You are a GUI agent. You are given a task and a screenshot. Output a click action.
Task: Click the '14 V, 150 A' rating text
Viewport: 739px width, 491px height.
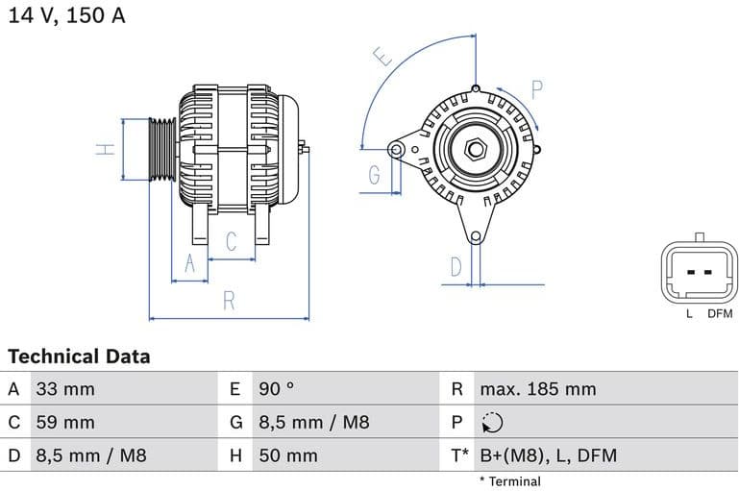(66, 16)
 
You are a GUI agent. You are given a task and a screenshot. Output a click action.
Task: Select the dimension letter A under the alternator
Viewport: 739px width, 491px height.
(189, 263)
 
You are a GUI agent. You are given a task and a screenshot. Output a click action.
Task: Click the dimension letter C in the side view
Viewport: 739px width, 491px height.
(231, 241)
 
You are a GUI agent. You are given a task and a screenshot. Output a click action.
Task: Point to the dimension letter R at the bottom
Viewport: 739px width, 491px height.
(229, 300)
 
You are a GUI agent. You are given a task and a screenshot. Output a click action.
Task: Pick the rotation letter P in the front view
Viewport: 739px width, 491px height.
(537, 91)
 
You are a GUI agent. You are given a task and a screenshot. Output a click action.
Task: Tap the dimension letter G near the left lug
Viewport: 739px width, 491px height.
(374, 175)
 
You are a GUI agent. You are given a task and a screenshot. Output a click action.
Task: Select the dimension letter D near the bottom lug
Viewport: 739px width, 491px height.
(456, 266)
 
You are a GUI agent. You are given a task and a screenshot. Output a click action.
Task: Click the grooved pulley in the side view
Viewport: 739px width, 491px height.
(161, 149)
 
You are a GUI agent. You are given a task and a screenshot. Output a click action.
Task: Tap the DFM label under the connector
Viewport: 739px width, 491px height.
(720, 313)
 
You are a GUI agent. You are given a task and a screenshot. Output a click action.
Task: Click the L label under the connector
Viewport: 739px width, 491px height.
(688, 313)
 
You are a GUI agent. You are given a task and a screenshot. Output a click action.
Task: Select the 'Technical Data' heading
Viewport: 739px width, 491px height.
(79, 356)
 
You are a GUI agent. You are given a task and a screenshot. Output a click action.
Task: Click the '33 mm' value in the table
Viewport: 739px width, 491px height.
(65, 389)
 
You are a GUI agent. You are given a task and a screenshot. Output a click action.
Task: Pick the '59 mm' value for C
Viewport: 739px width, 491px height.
(65, 422)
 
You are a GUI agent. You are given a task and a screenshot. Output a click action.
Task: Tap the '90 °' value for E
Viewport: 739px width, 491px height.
(277, 389)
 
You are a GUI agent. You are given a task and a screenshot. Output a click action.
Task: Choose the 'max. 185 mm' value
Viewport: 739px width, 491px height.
(538, 389)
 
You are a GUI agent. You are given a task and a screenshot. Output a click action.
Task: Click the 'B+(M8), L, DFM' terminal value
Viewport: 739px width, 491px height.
(548, 455)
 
